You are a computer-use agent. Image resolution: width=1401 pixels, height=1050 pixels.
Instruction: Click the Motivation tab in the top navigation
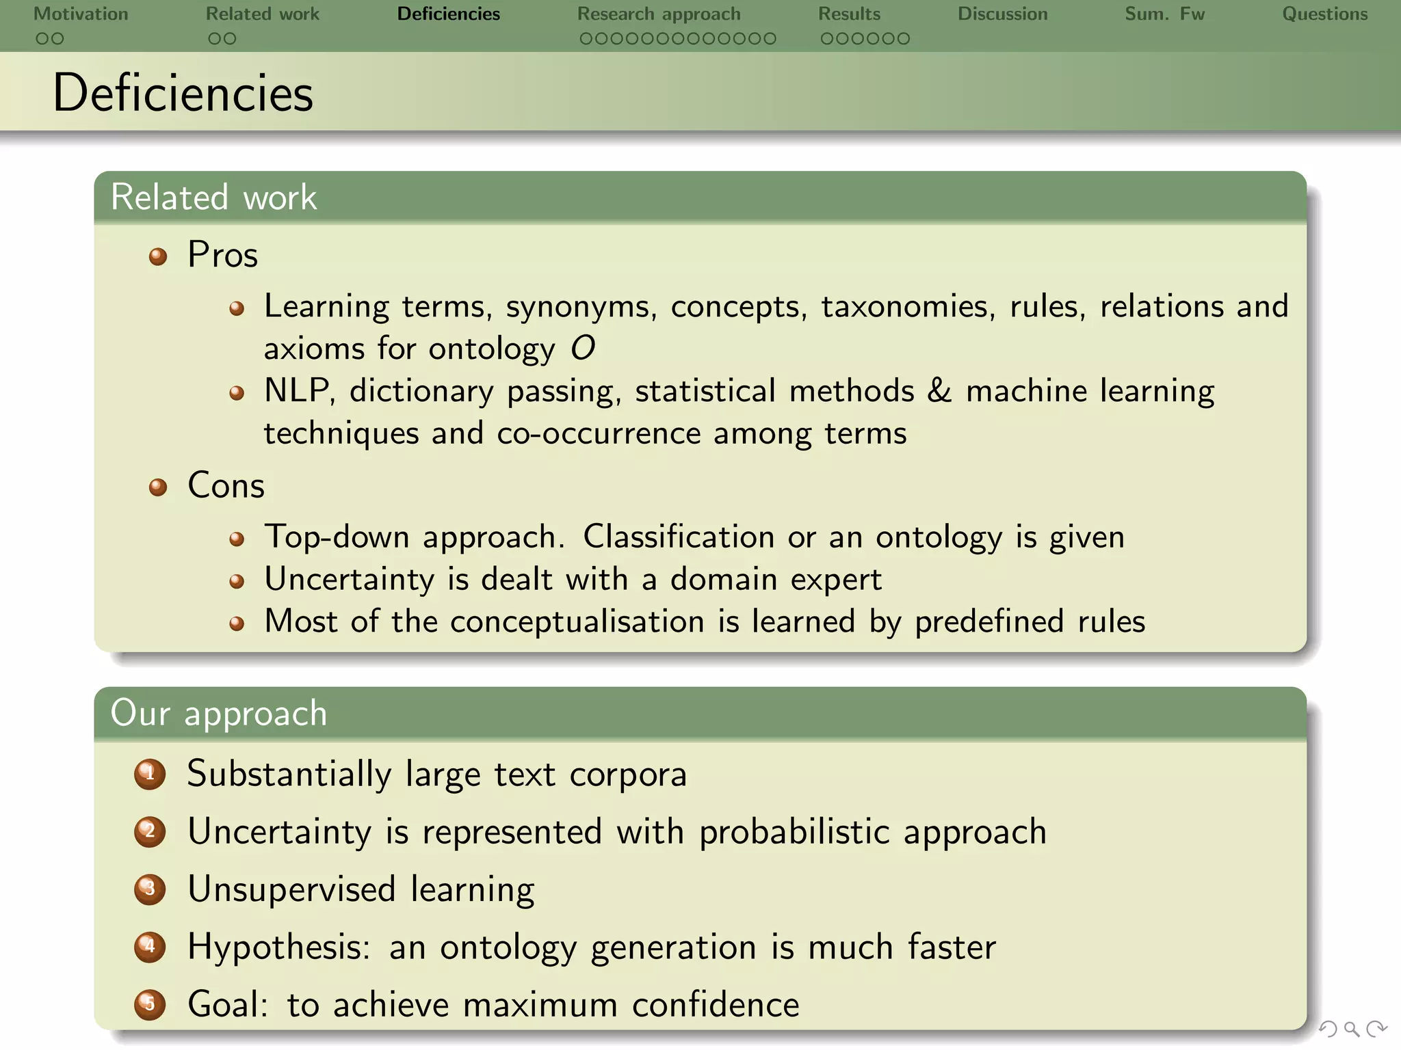coord(81,14)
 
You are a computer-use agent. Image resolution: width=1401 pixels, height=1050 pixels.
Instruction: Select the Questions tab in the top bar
coord(1324,14)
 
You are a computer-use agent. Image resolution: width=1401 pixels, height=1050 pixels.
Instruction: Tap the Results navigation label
coord(849,14)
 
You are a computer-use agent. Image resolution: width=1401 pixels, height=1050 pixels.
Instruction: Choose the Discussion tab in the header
coord(1002,14)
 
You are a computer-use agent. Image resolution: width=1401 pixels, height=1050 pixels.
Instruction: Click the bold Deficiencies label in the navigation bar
coord(449,14)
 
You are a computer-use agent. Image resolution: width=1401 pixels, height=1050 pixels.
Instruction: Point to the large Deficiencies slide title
coord(183,93)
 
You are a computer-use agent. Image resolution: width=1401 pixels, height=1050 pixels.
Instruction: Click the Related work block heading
coord(213,198)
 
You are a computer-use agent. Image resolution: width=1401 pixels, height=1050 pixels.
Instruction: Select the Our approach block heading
coord(219,713)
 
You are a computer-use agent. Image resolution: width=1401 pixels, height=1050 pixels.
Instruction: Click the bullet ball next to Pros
coord(158,257)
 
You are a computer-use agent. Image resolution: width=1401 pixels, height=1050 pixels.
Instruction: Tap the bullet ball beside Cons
coord(158,487)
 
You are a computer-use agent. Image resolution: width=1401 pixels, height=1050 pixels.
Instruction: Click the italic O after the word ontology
coord(583,349)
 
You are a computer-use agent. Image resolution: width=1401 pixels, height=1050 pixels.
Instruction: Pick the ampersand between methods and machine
coord(939,391)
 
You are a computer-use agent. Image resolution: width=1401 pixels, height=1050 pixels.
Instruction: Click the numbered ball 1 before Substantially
coord(150,775)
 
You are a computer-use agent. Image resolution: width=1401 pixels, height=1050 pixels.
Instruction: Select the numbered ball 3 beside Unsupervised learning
coord(150,889)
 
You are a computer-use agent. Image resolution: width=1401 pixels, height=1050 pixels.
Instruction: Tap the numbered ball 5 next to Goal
coord(150,1004)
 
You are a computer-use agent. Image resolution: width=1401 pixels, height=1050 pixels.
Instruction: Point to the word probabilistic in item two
coord(794,833)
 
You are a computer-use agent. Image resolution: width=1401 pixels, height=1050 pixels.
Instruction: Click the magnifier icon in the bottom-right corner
coord(1351,1029)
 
